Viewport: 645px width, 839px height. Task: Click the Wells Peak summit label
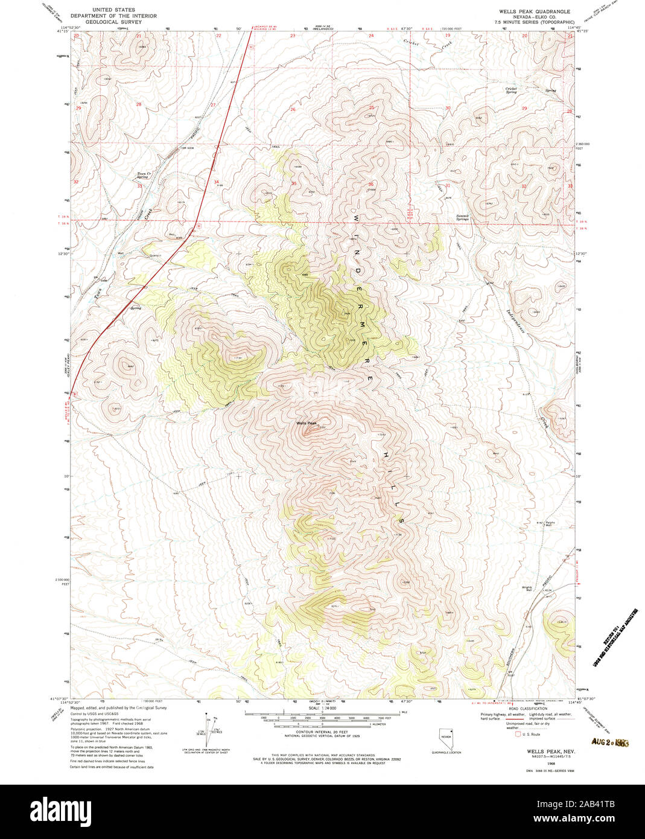coord(306,423)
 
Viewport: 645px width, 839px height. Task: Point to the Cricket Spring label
coord(511,91)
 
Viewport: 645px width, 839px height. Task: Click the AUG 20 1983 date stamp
coord(610,742)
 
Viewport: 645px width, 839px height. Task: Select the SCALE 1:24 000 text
coord(322,707)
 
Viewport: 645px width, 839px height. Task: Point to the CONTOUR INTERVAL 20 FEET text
coord(322,732)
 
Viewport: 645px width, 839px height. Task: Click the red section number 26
coord(293,109)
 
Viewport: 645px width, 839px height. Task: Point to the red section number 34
coord(216,182)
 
